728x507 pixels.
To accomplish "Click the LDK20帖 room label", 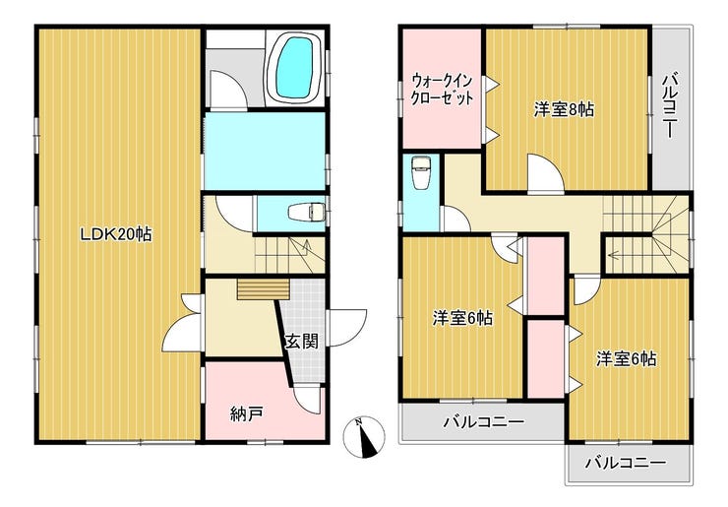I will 116,234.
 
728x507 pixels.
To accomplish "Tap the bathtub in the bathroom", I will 294,67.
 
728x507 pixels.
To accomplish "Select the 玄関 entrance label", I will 301,343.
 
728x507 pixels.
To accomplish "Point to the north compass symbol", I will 365,437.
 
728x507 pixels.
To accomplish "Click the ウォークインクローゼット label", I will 442,90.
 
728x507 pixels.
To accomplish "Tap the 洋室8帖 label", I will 564,109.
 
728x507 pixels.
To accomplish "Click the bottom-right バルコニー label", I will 625,462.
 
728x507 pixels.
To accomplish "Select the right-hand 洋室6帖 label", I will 626,359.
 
